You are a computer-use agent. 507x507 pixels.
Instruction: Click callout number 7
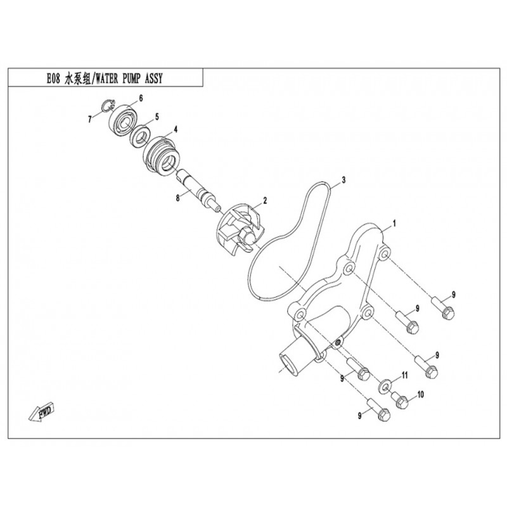point(90,119)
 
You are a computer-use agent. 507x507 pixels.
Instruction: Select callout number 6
point(141,98)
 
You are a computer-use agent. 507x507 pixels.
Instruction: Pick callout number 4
point(175,129)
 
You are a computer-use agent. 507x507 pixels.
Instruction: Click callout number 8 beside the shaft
point(179,198)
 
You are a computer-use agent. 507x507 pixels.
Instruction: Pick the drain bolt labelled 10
point(399,399)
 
